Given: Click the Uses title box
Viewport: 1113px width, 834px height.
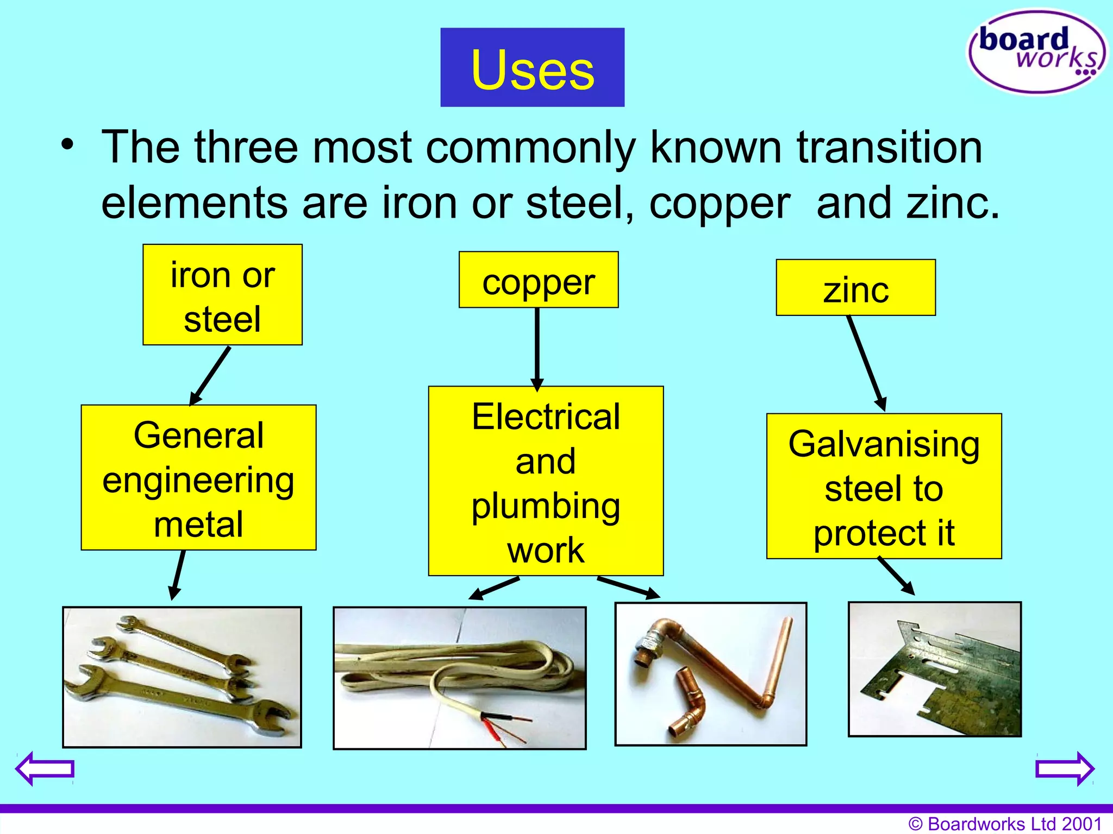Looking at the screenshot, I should pos(532,67).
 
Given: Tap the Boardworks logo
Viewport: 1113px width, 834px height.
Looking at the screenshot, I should pos(1037,52).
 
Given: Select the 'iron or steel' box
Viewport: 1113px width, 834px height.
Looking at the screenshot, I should pos(222,295).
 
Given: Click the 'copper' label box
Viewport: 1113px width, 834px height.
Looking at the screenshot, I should pos(539,280).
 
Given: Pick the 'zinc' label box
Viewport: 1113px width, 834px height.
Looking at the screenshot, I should pos(855,288).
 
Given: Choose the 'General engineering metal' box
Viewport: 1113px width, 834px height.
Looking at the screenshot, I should pos(198,478).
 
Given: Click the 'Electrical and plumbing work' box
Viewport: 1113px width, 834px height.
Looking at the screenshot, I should pos(546,481).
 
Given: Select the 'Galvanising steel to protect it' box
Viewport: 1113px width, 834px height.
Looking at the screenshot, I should pos(884,486).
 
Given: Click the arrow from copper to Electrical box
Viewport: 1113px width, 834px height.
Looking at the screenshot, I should pos(537,347).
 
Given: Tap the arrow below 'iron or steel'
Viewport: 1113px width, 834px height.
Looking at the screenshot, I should pos(211,375).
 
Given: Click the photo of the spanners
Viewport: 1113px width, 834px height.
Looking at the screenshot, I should pos(182,677).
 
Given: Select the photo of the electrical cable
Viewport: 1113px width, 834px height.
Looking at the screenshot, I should pos(459,678).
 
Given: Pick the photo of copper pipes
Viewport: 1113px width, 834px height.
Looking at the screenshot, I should pos(710,674).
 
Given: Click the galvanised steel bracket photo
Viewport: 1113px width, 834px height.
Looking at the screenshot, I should pos(935,669).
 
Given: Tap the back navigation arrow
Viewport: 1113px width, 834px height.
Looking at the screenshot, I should pos(45,768).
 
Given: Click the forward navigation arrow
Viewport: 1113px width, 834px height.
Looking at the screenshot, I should pos(1065,768).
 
